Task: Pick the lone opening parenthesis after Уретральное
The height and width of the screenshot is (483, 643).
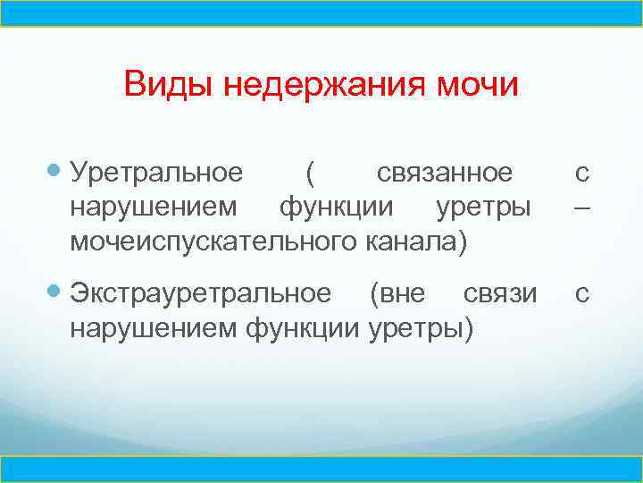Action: pyautogui.click(x=308, y=172)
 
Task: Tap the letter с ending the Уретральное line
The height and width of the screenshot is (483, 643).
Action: pyautogui.click(x=581, y=172)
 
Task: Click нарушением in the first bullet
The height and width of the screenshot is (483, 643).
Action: pyautogui.click(x=154, y=207)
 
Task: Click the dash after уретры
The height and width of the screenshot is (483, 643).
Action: pyautogui.click(x=581, y=207)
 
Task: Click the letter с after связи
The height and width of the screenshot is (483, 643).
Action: pyautogui.click(x=581, y=293)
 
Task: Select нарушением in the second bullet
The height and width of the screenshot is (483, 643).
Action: pyautogui.click(x=154, y=328)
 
